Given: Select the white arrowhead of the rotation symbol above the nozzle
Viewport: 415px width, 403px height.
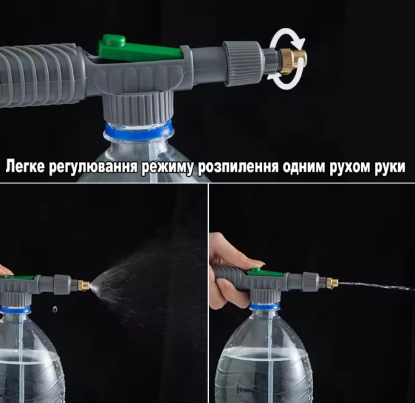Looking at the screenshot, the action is click(298, 41).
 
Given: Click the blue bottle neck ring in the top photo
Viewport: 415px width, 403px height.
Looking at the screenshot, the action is click(138, 130).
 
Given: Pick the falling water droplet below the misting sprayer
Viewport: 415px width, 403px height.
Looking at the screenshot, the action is click(54, 309).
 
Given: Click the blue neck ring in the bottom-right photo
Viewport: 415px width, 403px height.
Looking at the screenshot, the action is click(265, 306).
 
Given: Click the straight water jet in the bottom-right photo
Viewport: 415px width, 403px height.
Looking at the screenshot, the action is click(377, 286).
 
